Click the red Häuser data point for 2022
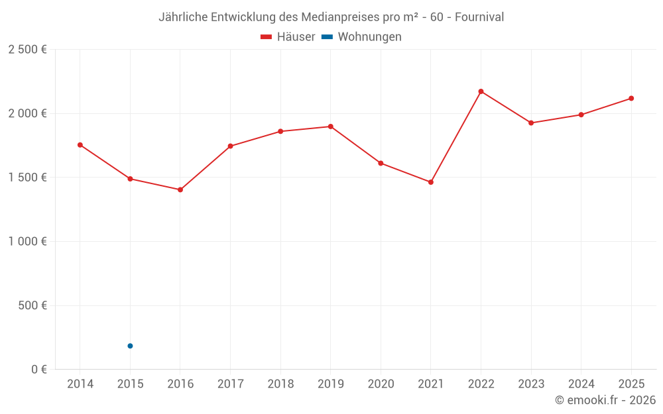coord(481,91)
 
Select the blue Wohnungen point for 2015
coord(130,346)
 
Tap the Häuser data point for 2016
coord(180,190)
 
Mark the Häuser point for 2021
coord(431,182)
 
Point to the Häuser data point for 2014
coord(80,145)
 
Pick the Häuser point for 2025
coord(631,99)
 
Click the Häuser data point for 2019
coord(331,127)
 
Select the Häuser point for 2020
coord(381,163)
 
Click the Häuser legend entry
coord(288,37)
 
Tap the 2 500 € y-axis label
coord(27,50)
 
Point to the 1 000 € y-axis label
coord(27,242)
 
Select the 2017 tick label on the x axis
coord(230,384)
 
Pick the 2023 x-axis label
coord(531,384)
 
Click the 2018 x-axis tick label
coord(280,384)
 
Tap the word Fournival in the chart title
coord(479,17)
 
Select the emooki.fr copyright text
coord(605,400)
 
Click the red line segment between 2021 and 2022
coord(456,136)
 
